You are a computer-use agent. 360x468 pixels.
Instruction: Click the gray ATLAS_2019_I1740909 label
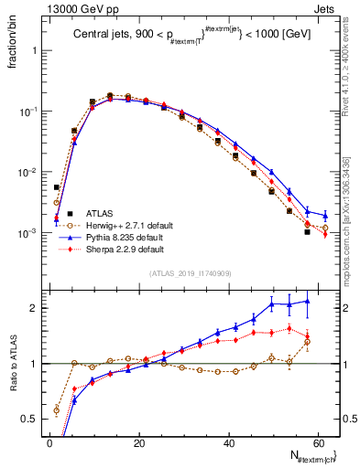pyautogui.click(x=190, y=273)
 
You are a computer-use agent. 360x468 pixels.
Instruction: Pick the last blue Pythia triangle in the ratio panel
pyautogui.click(x=307, y=301)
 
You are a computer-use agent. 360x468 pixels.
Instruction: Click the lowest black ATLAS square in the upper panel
pyautogui.click(x=307, y=232)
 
